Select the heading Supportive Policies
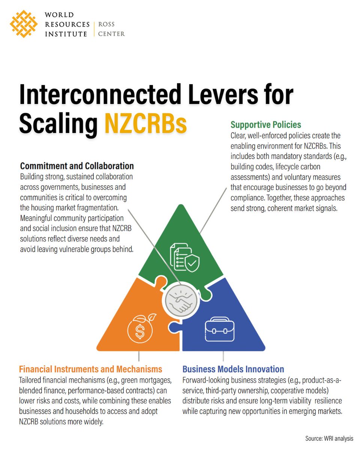point(266,124)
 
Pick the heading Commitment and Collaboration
point(77,166)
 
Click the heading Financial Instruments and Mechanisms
point(91,369)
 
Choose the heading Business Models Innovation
point(233,369)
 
